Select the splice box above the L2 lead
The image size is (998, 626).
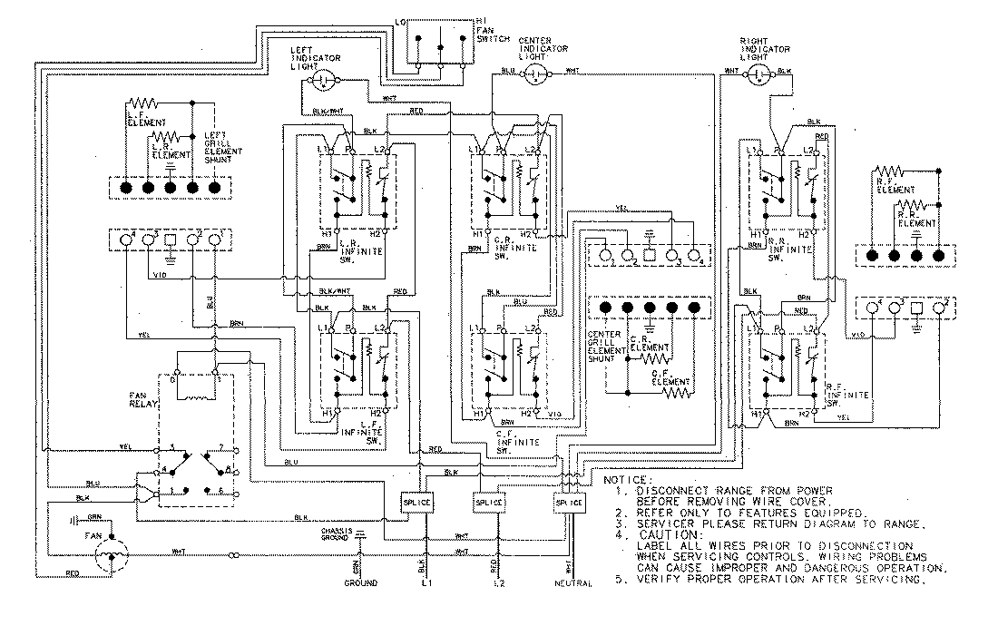(x=488, y=503)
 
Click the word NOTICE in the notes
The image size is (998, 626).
(x=627, y=479)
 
